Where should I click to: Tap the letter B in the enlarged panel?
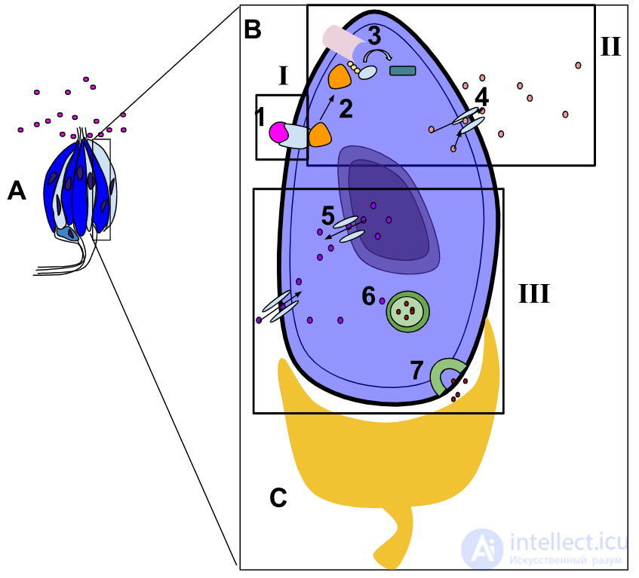(252, 29)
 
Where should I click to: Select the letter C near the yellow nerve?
(278, 497)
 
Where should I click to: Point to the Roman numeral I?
(284, 75)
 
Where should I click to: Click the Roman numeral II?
(610, 47)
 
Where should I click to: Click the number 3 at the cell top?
(374, 35)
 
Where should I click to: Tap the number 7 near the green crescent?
(416, 370)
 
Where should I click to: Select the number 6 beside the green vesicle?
(368, 295)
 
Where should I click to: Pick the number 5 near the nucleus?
(328, 216)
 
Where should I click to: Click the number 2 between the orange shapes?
(346, 109)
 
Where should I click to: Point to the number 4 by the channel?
(481, 97)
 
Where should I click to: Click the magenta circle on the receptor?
(278, 133)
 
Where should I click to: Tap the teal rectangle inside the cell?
(403, 71)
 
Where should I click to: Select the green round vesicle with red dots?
(408, 311)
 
